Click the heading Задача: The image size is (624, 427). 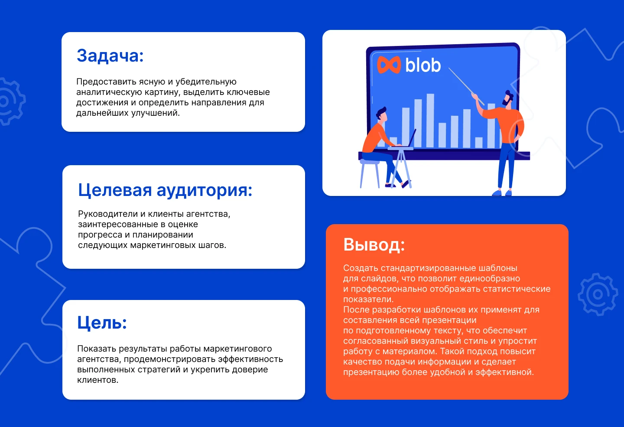coord(110,56)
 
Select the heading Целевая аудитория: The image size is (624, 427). coord(165,190)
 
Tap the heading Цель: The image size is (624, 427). coord(102,323)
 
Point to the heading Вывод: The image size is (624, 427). coord(374,245)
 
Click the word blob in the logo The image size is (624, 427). coord(423,65)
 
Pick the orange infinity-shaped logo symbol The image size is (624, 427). coord(389,65)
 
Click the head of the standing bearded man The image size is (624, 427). coord(508,98)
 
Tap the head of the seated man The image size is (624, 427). coord(381,115)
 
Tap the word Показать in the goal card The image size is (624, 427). coord(96,349)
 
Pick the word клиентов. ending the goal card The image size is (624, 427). coord(97,380)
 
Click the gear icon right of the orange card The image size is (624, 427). coord(598,294)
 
